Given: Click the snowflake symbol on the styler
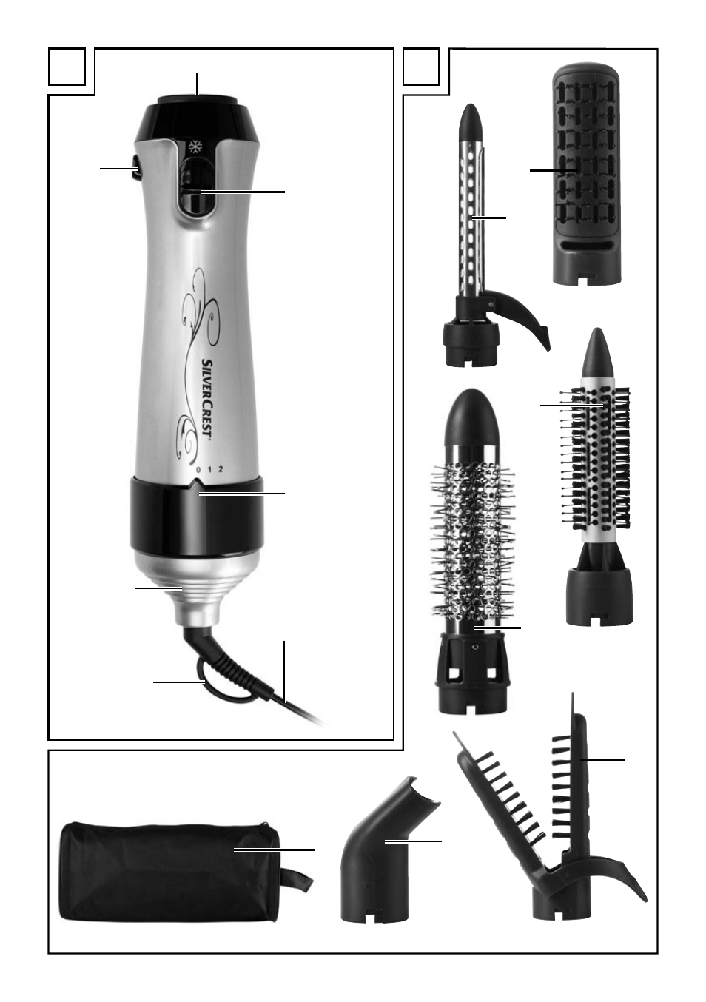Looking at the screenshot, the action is (x=195, y=146).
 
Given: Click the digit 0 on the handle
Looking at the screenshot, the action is (x=198, y=470).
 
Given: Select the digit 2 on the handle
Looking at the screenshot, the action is (x=221, y=470).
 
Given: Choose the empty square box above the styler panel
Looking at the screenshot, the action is (x=67, y=66).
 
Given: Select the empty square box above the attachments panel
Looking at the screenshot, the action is (x=421, y=66).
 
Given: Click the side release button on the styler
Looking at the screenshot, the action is (x=135, y=169).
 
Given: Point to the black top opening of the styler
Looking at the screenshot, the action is (x=197, y=101).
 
